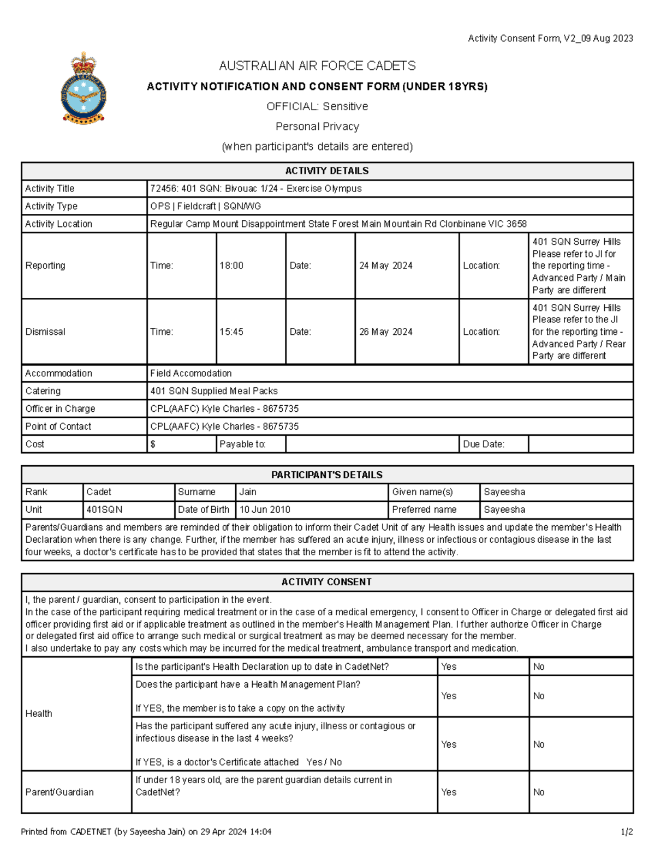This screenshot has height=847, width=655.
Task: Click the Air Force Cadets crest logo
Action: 84,88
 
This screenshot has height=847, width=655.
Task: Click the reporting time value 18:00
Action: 231,266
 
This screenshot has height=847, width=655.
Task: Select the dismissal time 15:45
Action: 231,332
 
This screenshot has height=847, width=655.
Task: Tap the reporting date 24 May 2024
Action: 385,266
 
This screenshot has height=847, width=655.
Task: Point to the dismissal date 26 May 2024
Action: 385,332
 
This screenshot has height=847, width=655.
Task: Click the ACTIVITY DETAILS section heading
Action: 326,171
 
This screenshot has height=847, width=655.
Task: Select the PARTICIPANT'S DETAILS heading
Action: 326,474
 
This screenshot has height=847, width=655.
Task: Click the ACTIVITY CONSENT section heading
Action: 326,582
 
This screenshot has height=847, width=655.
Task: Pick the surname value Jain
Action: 248,492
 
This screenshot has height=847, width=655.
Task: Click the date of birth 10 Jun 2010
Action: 265,509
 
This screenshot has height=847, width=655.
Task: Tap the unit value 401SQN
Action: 104,509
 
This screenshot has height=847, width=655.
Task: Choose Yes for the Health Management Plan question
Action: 449,696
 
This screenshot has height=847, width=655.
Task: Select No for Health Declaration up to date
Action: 539,666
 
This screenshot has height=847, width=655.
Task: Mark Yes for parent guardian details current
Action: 449,792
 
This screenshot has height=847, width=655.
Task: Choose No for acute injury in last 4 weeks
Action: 539,744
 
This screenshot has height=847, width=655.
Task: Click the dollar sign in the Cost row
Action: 153,444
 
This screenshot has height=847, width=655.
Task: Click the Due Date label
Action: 484,444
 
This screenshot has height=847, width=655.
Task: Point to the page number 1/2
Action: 627,832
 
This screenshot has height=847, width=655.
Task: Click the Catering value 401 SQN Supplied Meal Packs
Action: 214,391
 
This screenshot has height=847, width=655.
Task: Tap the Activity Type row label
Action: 51,206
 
